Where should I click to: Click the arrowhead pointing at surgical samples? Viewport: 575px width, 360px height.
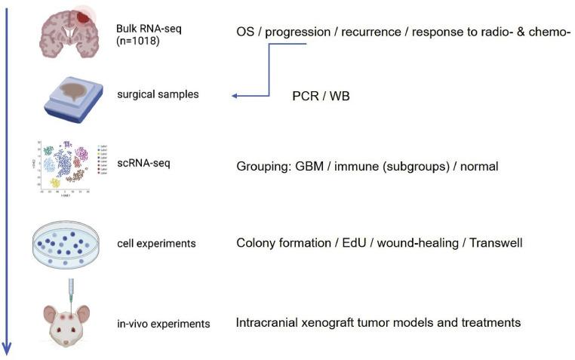click(x=235, y=96)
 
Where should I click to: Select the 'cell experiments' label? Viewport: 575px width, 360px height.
click(x=157, y=244)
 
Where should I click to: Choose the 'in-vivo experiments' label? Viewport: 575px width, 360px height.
click(x=163, y=324)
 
